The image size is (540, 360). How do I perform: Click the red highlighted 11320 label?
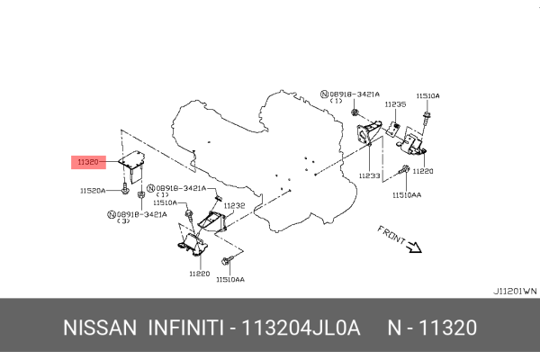coord(88,162)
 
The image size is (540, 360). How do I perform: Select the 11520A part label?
coord(93,191)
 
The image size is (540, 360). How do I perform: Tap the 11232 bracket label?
coord(234,206)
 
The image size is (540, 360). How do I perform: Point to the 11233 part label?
coord(370,175)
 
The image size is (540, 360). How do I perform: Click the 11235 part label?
coord(395,104)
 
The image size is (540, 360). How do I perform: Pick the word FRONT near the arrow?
coord(391,234)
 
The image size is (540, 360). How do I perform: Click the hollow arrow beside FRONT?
coord(414,247)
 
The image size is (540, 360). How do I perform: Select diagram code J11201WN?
coord(515,291)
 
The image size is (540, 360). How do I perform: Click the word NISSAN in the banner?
coord(100,328)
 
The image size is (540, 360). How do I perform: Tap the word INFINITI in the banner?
coord(186,328)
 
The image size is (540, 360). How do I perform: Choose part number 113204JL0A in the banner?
coord(301,328)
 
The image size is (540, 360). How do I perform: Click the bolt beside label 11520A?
coord(125,189)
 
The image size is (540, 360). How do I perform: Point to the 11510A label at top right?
coord(427,95)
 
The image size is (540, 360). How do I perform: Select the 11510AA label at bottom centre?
coord(230,279)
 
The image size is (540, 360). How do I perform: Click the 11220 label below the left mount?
coord(200,274)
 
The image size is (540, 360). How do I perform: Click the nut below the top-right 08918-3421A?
coord(355,112)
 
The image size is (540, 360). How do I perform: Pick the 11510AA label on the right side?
coord(407,195)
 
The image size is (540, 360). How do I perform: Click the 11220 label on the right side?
coord(423,171)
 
